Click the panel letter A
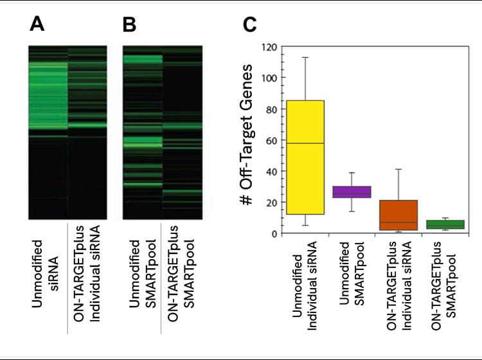37,26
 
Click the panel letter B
129,26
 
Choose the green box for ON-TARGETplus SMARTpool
445,224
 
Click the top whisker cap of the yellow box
305,57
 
